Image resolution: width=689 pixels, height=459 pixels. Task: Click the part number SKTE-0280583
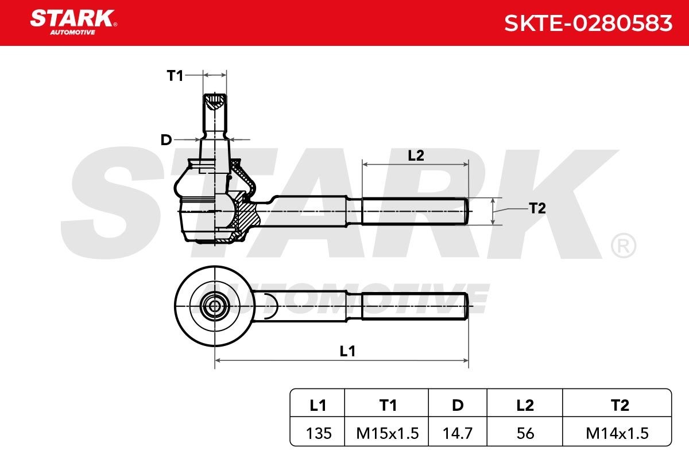pos(588,24)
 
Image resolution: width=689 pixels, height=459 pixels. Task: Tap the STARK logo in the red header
pos(73,22)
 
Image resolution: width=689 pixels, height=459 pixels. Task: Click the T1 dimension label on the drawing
pos(175,76)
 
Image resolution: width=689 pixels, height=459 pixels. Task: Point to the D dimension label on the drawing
pos(166,140)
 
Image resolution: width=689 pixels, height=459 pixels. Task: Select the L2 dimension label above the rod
pos(416,155)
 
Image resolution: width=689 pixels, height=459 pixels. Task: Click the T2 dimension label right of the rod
pos(537,208)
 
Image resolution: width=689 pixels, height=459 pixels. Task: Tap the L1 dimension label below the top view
pos(347,351)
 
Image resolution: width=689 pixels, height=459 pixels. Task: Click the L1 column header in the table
pos(318,406)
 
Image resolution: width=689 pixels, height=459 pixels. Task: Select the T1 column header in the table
pos(388,406)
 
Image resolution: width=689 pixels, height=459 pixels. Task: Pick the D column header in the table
pos(458,406)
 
